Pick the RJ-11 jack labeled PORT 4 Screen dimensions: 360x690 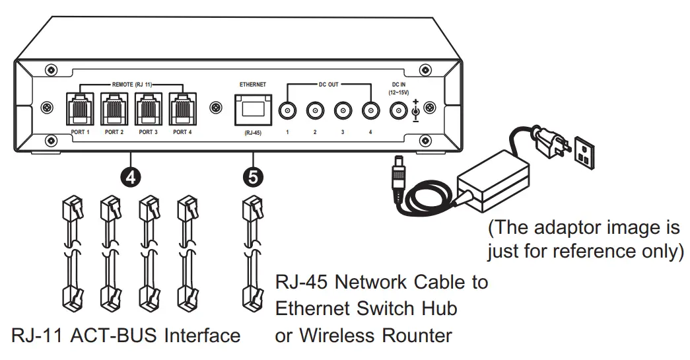(182, 109)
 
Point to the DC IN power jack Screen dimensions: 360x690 (399, 110)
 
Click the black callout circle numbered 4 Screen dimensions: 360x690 (131, 176)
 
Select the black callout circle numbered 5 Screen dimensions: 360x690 (252, 176)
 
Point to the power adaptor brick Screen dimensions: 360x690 (496, 179)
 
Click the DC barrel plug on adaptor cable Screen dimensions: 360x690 (398, 174)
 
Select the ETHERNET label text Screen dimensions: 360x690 (252, 85)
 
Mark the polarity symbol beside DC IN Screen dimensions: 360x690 (415, 111)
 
